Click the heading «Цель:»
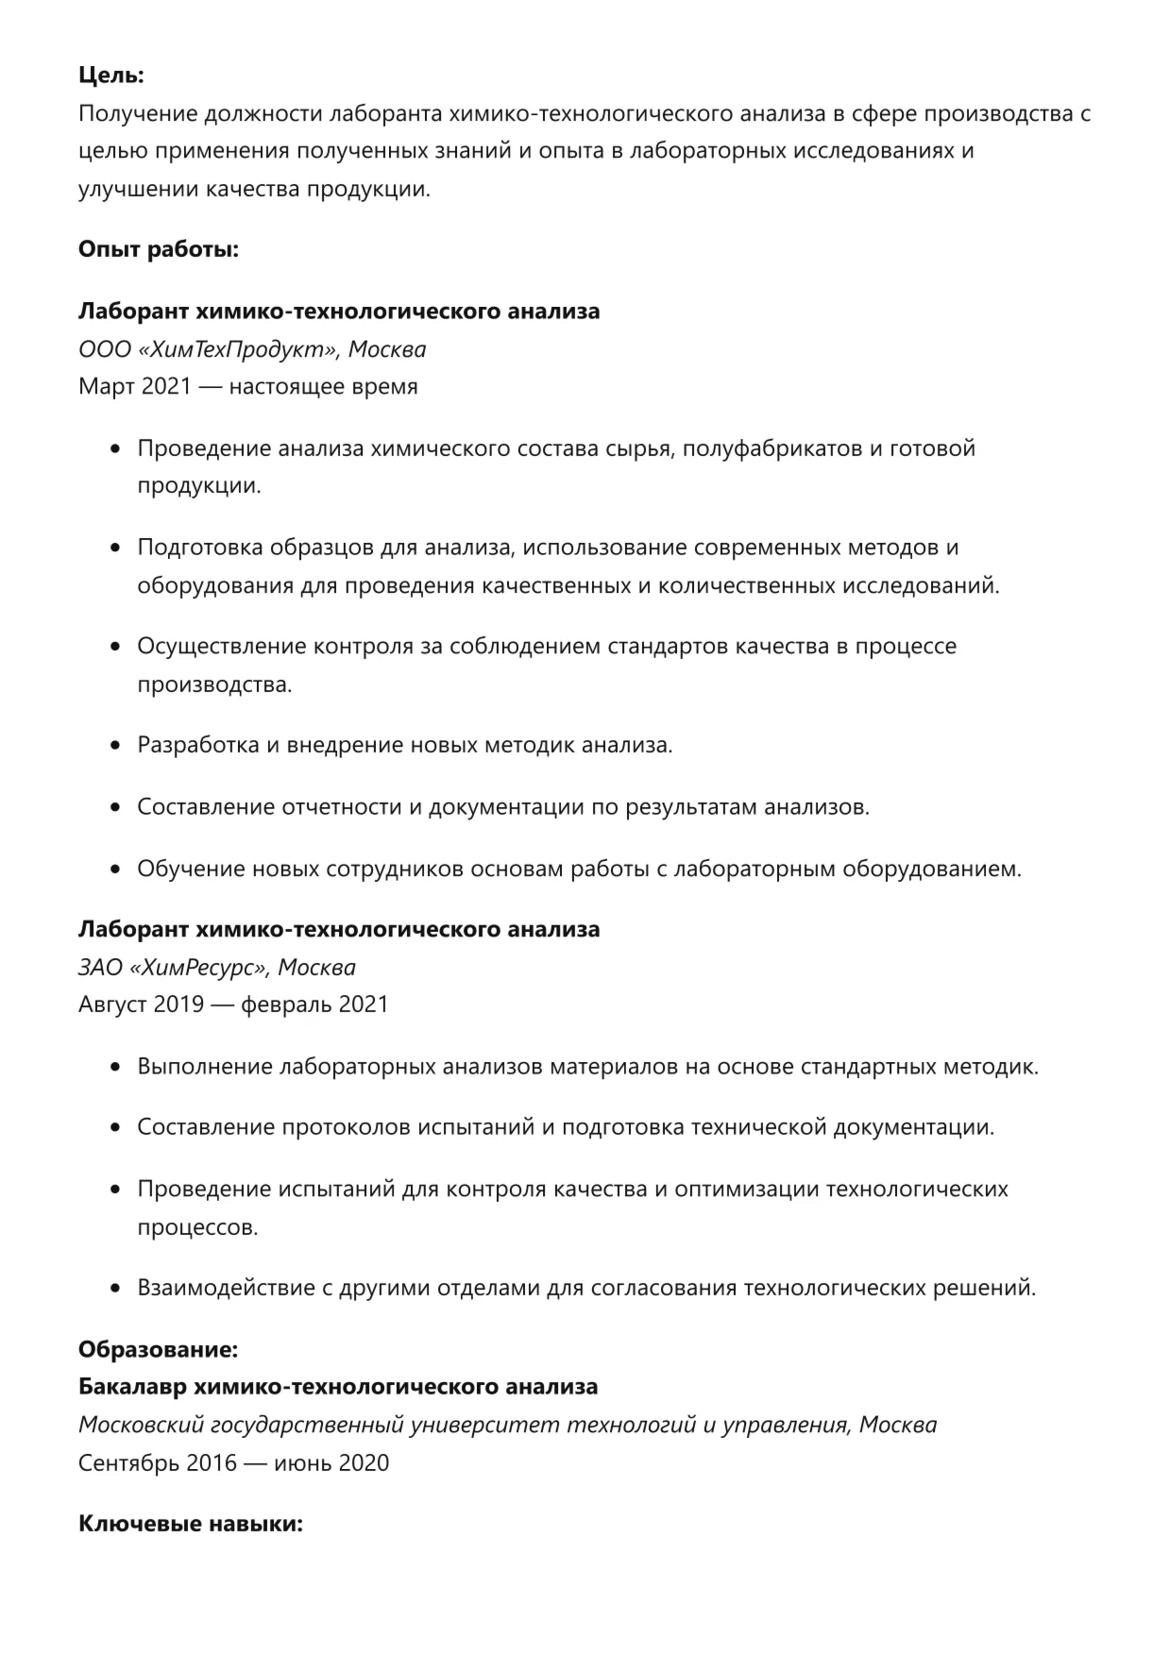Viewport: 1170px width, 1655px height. point(111,76)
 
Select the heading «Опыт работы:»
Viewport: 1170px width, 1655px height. point(159,249)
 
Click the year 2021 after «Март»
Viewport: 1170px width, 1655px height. point(166,386)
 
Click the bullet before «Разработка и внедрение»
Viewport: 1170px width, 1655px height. point(116,746)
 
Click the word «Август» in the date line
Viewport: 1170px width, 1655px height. point(112,1004)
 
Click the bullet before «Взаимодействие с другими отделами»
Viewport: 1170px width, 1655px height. point(116,1289)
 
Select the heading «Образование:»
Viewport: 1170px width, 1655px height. point(158,1349)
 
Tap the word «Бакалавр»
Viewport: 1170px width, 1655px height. point(132,1387)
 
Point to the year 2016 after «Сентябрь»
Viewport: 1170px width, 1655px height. point(212,1463)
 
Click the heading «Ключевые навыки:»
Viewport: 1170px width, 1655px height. point(190,1524)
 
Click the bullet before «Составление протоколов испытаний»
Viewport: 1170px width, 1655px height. point(116,1128)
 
